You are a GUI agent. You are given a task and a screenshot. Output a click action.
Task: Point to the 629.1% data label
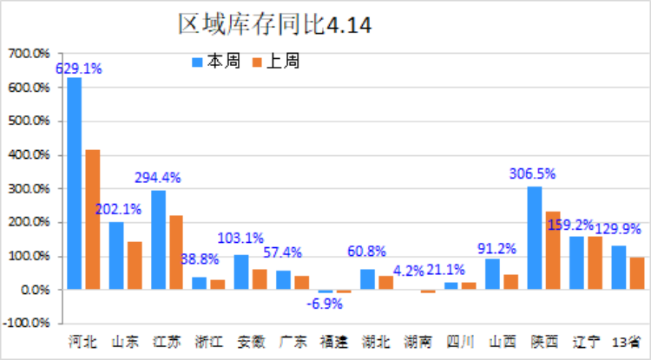point(78,68)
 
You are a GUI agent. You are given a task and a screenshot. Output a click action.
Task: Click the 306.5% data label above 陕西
point(533,173)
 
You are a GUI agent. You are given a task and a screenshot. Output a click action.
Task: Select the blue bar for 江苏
point(158,240)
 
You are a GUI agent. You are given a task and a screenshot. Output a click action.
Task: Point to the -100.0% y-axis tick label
point(28,324)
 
